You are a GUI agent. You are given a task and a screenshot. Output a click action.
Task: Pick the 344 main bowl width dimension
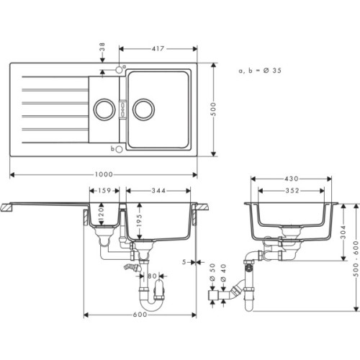(161, 191)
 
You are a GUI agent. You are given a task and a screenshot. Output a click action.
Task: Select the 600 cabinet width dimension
(141, 315)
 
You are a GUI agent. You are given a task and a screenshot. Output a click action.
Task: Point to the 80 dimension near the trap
(152, 276)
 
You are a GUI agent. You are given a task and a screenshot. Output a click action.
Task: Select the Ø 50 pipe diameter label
(212, 274)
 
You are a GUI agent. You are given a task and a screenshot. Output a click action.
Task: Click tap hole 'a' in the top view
(119, 70)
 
